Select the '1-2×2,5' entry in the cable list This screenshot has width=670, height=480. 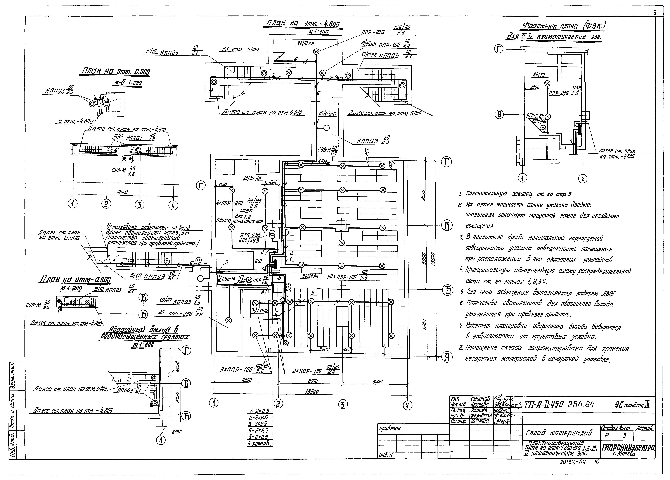[x=259, y=411]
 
